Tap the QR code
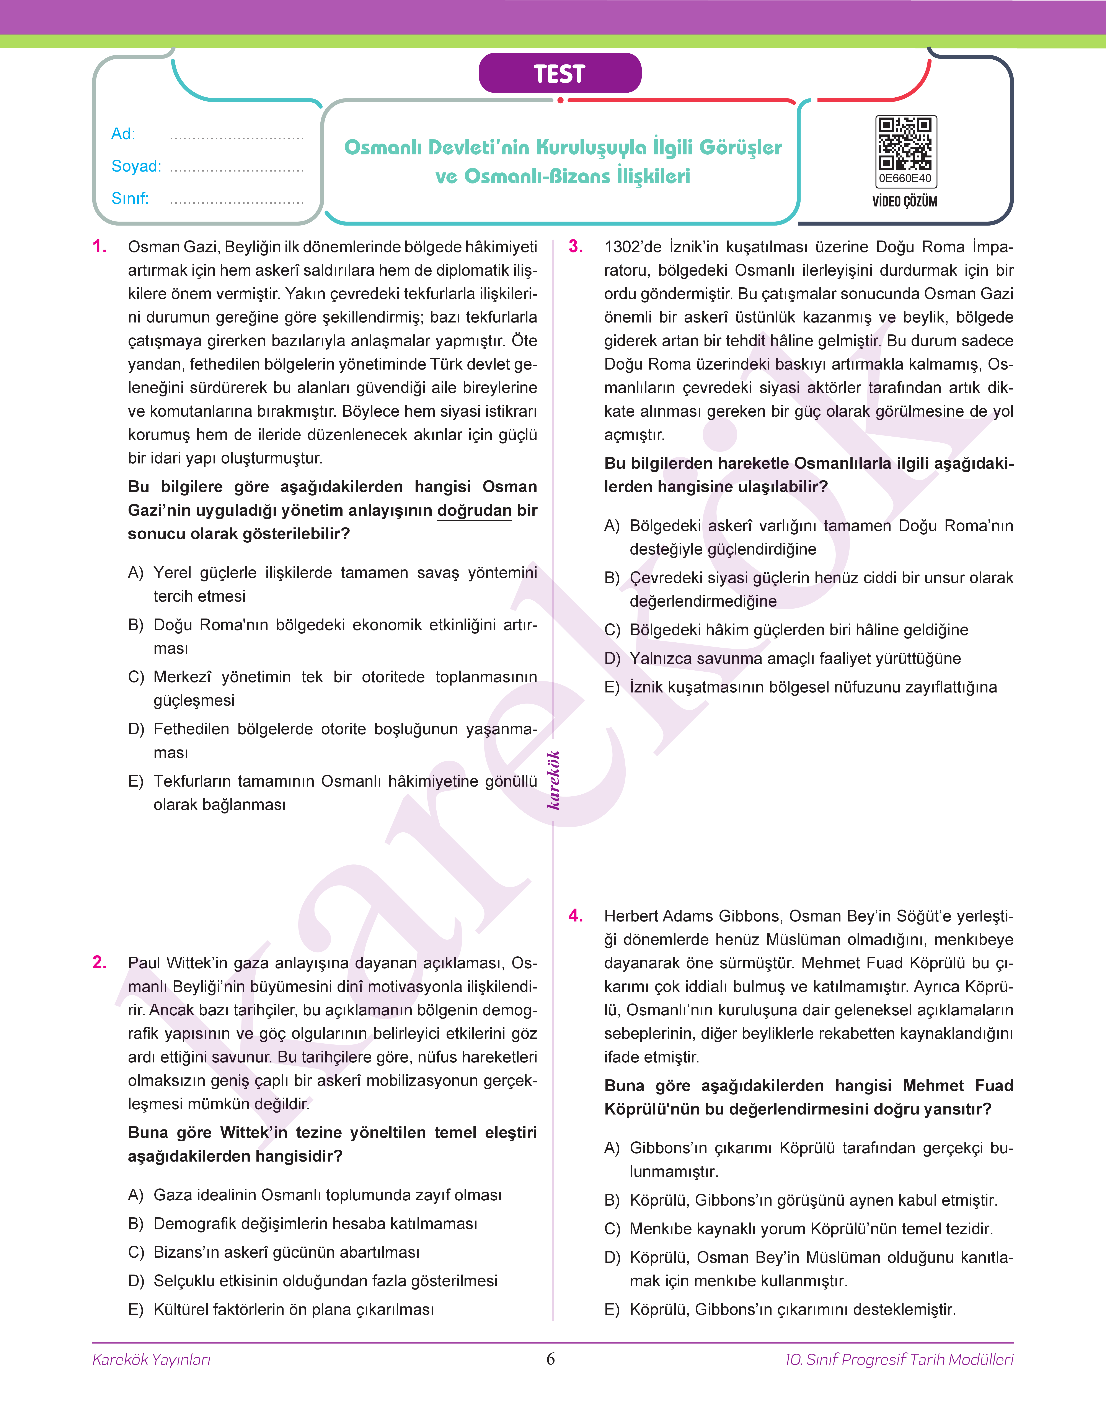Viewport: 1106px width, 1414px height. click(905, 143)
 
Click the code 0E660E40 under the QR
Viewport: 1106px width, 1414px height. click(905, 178)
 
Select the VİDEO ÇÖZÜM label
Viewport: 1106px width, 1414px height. click(905, 201)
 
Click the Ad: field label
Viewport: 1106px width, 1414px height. click(123, 134)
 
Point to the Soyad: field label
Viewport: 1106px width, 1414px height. click(136, 167)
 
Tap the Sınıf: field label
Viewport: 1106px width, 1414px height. click(129, 198)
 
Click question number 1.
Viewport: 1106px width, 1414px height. click(100, 247)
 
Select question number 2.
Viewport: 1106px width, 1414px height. click(100, 962)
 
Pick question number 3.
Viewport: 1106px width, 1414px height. click(576, 247)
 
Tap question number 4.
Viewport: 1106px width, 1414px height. click(576, 916)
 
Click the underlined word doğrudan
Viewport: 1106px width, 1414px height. click(475, 511)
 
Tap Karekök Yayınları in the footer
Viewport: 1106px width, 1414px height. click(152, 1360)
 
